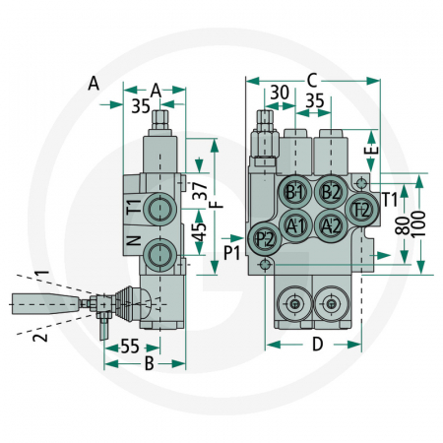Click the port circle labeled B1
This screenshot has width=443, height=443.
click(x=295, y=191)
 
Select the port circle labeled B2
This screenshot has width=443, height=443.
click(x=332, y=191)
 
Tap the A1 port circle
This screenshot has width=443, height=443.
click(x=295, y=224)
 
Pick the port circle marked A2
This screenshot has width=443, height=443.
click(x=332, y=225)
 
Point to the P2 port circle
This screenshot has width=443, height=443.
click(x=265, y=239)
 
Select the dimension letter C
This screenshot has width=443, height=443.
click(x=312, y=79)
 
